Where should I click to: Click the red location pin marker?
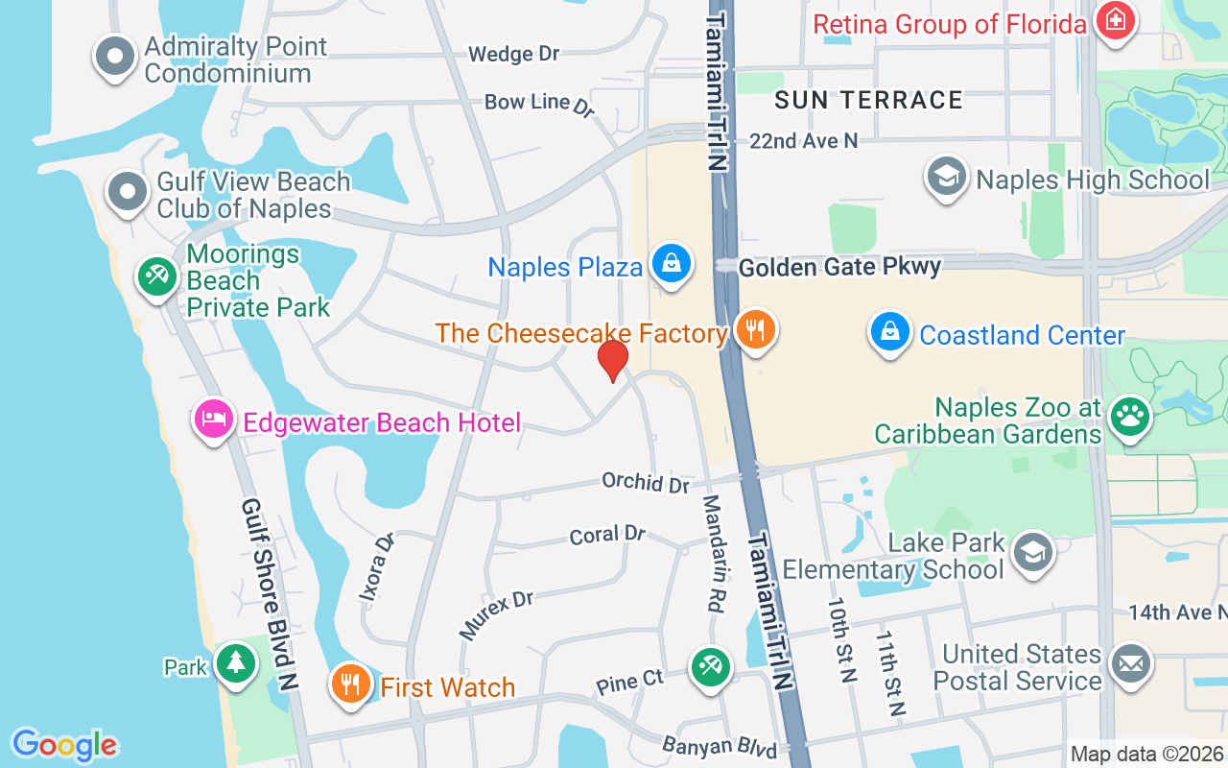[613, 361]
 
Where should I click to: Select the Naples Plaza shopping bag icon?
[672, 264]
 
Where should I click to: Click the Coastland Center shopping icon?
[890, 331]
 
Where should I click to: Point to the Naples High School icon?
[947, 177]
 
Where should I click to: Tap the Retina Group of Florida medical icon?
[1115, 21]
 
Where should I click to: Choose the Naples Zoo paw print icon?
[1130, 418]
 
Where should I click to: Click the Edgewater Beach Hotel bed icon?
[214, 419]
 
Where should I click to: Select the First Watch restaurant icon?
[351, 684]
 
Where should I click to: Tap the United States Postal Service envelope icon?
[1130, 663]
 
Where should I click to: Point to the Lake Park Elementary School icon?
[1033, 552]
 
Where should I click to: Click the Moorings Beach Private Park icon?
[156, 277]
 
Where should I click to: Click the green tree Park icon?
[235, 663]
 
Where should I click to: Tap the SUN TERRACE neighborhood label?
[868, 100]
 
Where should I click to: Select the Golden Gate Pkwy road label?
[839, 267]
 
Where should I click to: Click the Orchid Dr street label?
[646, 482]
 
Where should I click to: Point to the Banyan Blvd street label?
[719, 747]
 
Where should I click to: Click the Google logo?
[65, 745]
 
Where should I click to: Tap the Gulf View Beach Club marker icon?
[128, 192]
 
